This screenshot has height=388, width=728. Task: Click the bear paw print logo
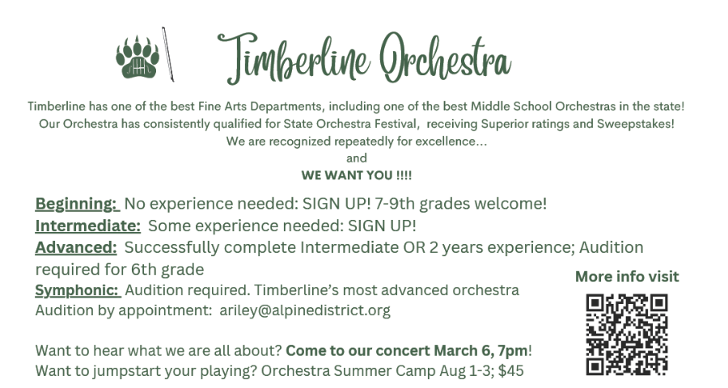138,57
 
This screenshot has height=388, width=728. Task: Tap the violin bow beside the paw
167,54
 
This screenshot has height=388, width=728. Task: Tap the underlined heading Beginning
77,205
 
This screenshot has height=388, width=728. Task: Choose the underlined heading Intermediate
87,226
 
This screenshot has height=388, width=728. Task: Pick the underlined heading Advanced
76,248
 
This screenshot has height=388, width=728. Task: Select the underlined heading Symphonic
78,290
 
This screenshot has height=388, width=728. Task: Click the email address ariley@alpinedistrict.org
305,310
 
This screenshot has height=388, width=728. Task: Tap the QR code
626,334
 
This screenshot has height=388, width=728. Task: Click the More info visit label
627,276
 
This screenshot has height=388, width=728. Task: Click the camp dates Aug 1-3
466,371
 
